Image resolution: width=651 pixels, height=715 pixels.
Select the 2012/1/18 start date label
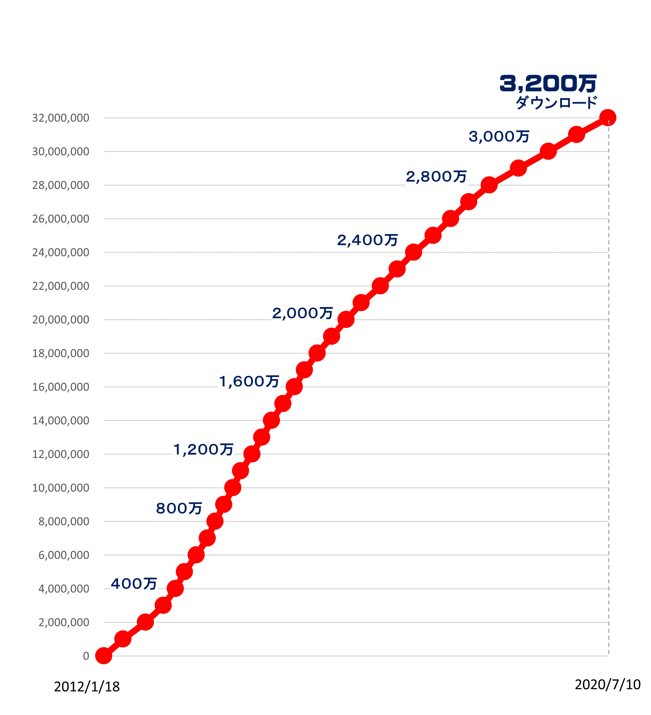[87, 687]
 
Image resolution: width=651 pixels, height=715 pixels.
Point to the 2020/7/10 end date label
[607, 684]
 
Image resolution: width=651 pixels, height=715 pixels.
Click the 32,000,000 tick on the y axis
[60, 118]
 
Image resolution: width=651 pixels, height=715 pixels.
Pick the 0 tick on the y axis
[86, 656]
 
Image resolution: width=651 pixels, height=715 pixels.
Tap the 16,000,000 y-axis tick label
[60, 387]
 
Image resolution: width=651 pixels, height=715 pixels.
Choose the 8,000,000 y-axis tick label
[64, 521]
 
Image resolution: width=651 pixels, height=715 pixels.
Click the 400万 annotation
[134, 584]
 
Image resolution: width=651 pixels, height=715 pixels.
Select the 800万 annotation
[179, 508]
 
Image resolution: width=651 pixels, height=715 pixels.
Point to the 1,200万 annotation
[203, 449]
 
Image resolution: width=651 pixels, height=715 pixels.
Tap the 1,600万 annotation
[249, 381]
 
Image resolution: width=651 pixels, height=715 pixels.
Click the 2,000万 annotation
[302, 313]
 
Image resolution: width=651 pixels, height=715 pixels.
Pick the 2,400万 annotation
[367, 240]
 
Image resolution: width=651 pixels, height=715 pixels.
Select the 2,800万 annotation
[436, 176]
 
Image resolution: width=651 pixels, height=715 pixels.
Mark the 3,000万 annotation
[499, 136]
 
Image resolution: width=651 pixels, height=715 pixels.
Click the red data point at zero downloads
[104, 656]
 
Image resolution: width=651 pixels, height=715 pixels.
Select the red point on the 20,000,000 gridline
[345, 319]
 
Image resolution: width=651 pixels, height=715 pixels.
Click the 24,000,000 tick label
[60, 253]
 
